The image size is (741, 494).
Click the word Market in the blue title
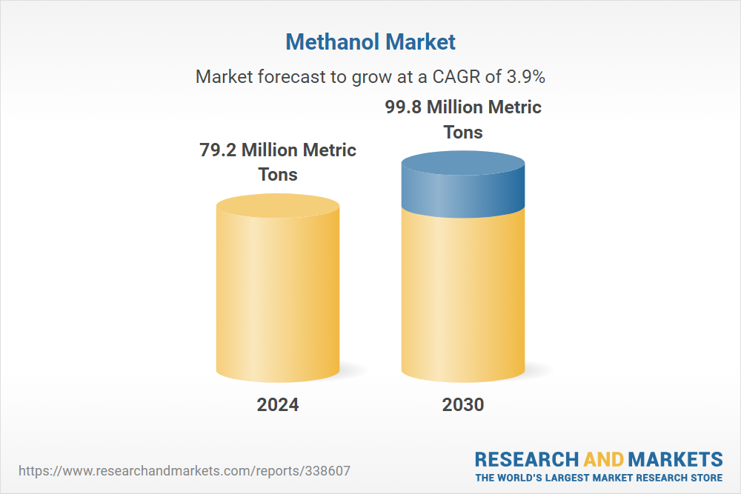pyautogui.click(x=420, y=41)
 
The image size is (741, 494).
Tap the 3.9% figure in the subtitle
pyautogui.click(x=526, y=76)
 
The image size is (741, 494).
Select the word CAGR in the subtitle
pyautogui.click(x=456, y=76)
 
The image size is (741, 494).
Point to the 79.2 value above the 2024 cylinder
pyautogui.click(x=218, y=150)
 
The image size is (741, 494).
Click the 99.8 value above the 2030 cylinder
pyautogui.click(x=403, y=107)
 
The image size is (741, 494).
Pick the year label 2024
pyautogui.click(x=278, y=404)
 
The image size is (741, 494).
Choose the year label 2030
pyautogui.click(x=463, y=404)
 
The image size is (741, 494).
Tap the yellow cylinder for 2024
pyautogui.click(x=278, y=288)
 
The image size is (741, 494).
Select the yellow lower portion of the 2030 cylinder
pyautogui.click(x=463, y=298)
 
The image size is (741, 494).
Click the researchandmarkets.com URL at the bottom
pyautogui.click(x=185, y=471)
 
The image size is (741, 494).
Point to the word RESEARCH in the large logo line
pyautogui.click(x=526, y=459)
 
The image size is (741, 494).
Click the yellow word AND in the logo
pyautogui.click(x=603, y=459)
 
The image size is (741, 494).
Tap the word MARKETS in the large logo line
pyautogui.click(x=675, y=459)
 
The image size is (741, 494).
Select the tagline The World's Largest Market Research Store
pyautogui.click(x=599, y=478)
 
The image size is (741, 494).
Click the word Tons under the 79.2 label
pyautogui.click(x=278, y=175)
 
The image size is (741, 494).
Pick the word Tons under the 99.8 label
pyautogui.click(x=463, y=133)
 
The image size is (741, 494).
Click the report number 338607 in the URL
pyautogui.click(x=328, y=471)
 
